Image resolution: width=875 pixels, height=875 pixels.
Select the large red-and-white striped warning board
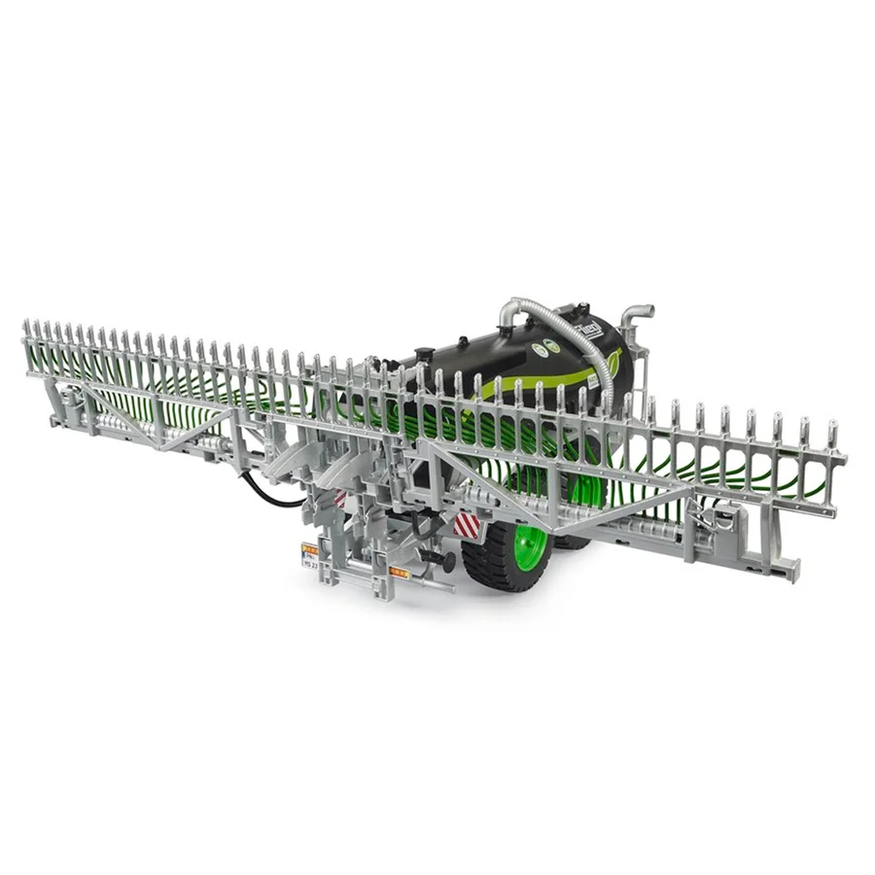[x=467, y=525]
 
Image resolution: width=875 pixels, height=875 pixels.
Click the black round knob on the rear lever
[x=447, y=561]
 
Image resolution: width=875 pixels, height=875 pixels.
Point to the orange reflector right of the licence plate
[x=399, y=571]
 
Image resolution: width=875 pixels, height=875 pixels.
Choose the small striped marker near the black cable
[x=340, y=498]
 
